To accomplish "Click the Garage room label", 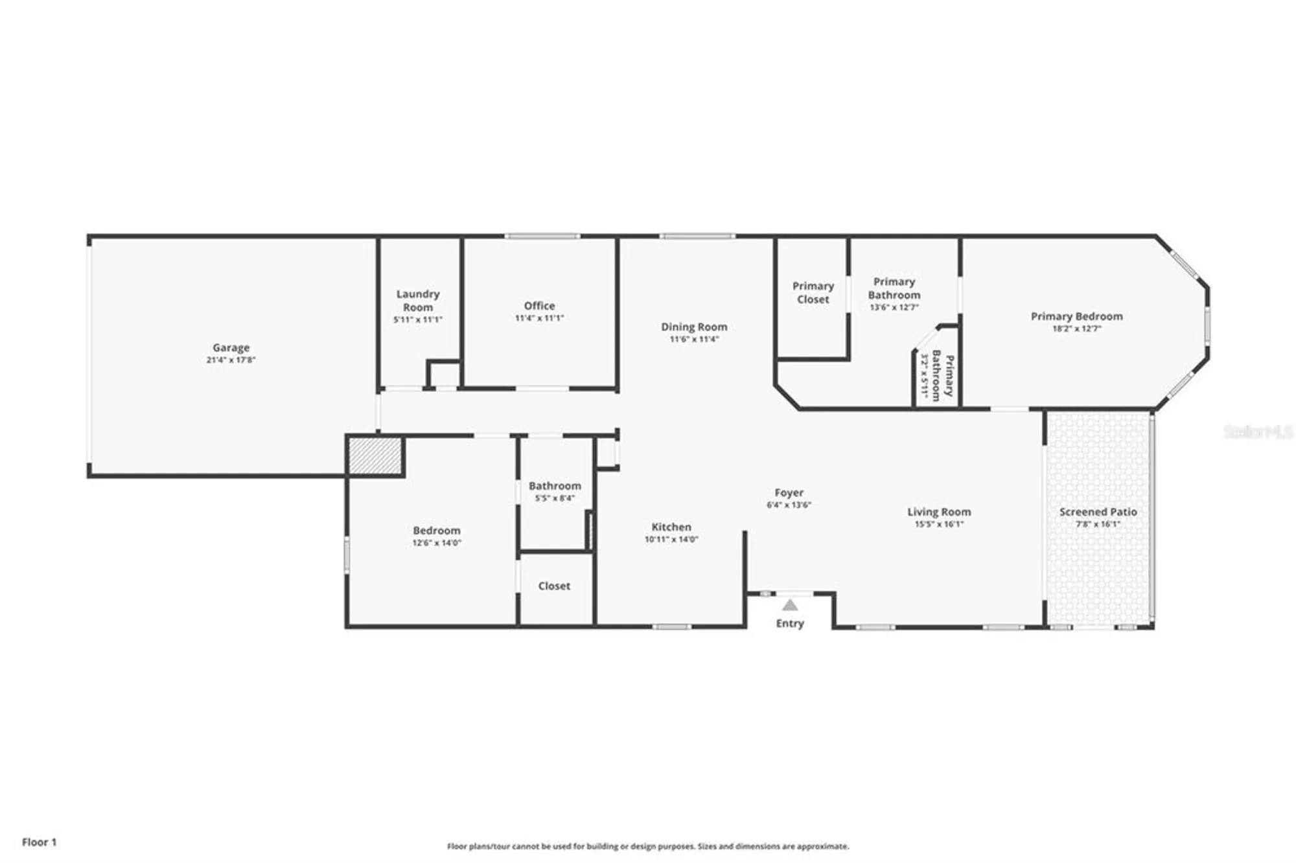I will tap(231, 348).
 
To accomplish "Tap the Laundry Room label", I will tap(418, 301).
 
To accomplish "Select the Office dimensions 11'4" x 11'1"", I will tap(539, 318).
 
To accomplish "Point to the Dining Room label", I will tap(694, 327).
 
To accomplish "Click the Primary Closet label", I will tap(813, 293).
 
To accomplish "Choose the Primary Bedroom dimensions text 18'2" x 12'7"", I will tap(1076, 328).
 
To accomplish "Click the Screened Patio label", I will tap(1098, 512).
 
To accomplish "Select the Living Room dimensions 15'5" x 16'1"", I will tap(939, 524).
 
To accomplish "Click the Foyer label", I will tap(789, 493).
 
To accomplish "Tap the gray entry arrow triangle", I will tap(790, 606).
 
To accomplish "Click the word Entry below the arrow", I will tap(790, 623).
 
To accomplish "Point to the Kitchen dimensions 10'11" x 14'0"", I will tap(671, 539).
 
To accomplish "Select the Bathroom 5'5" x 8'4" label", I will tap(555, 491).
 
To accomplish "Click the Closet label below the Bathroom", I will tap(554, 586).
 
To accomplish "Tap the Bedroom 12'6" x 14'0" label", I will tap(437, 536).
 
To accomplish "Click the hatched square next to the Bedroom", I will tap(375, 456).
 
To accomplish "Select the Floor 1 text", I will tap(40, 842).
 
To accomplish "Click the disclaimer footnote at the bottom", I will tap(647, 846).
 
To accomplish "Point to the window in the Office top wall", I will tap(542, 236).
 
